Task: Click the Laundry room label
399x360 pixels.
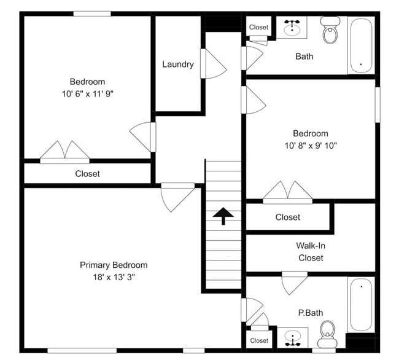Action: pyautogui.click(x=178, y=65)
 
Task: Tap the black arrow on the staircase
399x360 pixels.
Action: pyautogui.click(x=223, y=216)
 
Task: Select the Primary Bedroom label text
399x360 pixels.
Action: pyautogui.click(x=114, y=265)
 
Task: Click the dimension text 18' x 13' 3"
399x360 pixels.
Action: pyautogui.click(x=114, y=277)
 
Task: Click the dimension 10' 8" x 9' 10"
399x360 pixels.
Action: pyautogui.click(x=310, y=146)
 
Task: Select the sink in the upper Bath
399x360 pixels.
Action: pyautogui.click(x=292, y=28)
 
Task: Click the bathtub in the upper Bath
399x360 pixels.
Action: pyautogui.click(x=360, y=45)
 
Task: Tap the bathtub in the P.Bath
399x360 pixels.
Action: pyautogui.click(x=360, y=304)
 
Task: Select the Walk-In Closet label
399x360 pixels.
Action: pyautogui.click(x=310, y=251)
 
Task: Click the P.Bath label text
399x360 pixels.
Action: pyautogui.click(x=310, y=313)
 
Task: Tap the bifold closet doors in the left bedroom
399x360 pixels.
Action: pyautogui.click(x=65, y=151)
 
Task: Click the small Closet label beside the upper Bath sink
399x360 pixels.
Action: pyautogui.click(x=258, y=27)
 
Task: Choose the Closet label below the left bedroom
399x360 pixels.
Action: pyautogui.click(x=87, y=174)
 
